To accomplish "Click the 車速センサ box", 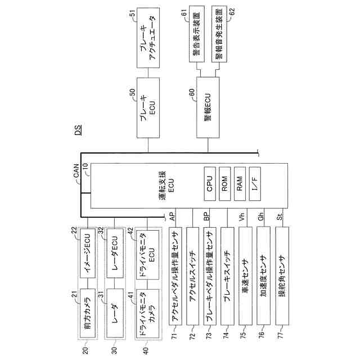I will point(245,276).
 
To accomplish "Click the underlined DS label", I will point(79,130).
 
